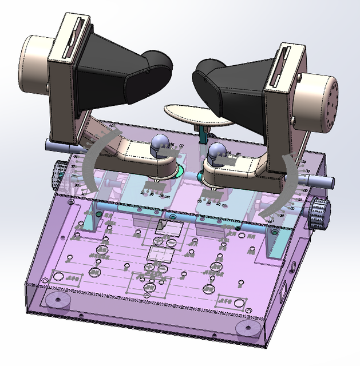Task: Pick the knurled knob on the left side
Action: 57,172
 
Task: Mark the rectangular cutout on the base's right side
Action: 284,292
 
